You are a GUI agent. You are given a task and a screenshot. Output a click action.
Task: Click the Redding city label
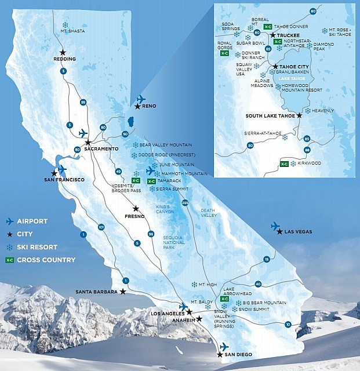[64, 59]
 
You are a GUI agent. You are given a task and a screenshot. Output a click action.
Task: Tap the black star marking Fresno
[136, 209]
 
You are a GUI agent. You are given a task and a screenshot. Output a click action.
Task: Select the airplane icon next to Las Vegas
[275, 225]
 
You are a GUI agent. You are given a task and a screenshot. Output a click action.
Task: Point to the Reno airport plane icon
[141, 99]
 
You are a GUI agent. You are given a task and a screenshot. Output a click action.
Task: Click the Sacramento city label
[101, 149]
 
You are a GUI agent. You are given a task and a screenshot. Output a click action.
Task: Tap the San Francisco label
[64, 180]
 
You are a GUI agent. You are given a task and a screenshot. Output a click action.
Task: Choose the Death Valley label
[208, 213]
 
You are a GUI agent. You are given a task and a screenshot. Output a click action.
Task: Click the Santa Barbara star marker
[123, 292]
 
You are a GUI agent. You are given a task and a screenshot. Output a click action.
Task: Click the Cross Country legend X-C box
[9, 260]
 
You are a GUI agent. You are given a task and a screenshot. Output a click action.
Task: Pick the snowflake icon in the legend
[9, 247]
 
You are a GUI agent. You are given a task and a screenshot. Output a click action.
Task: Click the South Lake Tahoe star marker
[300, 115]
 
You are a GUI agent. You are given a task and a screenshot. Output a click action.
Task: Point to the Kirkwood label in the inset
[310, 163]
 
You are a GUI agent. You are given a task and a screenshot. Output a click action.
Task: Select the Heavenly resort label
[322, 111]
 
